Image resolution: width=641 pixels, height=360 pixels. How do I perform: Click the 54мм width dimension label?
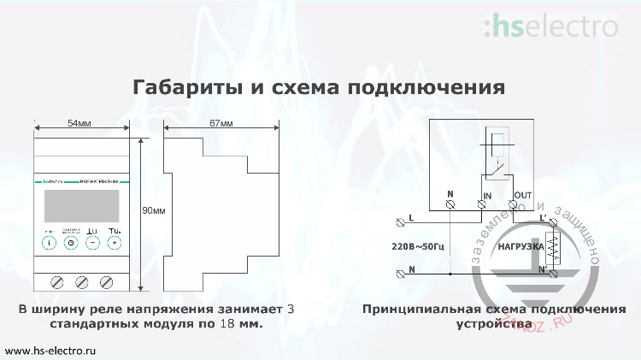click(79, 124)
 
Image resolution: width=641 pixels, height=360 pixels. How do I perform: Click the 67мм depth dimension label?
click(221, 124)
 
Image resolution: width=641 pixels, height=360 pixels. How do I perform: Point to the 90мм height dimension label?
click(154, 210)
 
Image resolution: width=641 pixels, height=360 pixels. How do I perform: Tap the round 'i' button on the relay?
click(50, 243)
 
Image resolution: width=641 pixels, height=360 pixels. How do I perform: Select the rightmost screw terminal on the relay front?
click(108, 281)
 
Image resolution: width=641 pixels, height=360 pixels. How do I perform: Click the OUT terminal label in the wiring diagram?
click(523, 196)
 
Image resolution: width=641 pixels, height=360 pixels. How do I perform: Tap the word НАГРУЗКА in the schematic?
click(520, 247)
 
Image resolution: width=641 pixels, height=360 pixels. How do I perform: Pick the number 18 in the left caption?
click(228, 325)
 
